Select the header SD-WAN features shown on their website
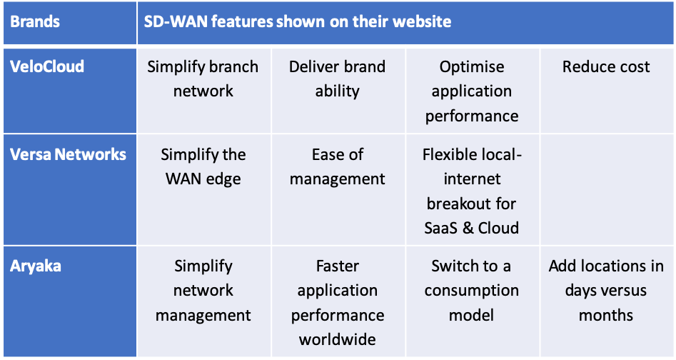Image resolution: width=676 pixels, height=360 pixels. (294, 21)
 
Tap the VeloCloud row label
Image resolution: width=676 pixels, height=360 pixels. (48, 67)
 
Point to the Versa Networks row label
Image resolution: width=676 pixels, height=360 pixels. (69, 155)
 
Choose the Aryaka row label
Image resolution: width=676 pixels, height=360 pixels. (36, 266)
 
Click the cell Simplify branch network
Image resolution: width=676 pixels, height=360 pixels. (203, 79)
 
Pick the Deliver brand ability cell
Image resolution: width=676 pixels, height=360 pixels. (337, 79)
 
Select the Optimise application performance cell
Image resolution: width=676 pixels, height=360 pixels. (472, 91)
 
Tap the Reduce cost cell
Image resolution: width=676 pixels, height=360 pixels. (606, 67)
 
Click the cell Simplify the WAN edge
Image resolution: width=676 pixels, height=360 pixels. (203, 166)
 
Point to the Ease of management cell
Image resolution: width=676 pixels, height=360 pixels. (337, 166)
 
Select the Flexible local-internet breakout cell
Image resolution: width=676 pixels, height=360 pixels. (472, 191)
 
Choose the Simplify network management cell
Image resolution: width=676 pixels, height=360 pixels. (203, 291)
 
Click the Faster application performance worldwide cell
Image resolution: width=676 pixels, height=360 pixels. (337, 303)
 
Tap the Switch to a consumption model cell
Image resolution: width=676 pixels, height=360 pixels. (472, 291)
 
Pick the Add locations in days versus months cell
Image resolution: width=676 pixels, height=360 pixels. (606, 291)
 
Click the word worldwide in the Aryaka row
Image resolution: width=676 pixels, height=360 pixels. (337, 340)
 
